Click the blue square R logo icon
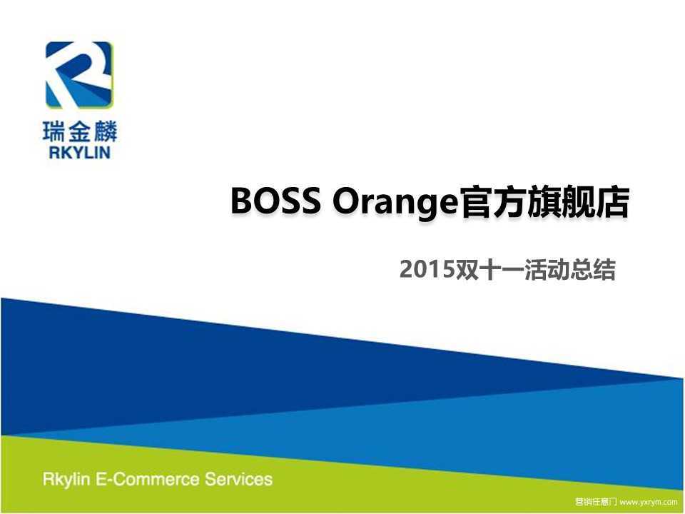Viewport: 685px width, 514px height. tap(79, 75)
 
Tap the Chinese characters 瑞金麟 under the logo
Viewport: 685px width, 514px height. tap(80, 131)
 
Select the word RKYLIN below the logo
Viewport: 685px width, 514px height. tap(79, 152)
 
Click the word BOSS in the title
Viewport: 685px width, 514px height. tap(275, 201)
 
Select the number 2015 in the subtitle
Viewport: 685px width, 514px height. tap(427, 270)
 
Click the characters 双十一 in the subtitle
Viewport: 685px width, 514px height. tap(489, 270)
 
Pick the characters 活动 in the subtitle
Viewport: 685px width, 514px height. tap(547, 270)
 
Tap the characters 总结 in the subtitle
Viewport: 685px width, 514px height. tap(593, 270)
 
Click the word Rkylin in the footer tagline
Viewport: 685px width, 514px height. tap(66, 480)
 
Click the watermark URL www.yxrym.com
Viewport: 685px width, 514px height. tap(649, 502)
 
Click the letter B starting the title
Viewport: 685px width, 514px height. tap(240, 201)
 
